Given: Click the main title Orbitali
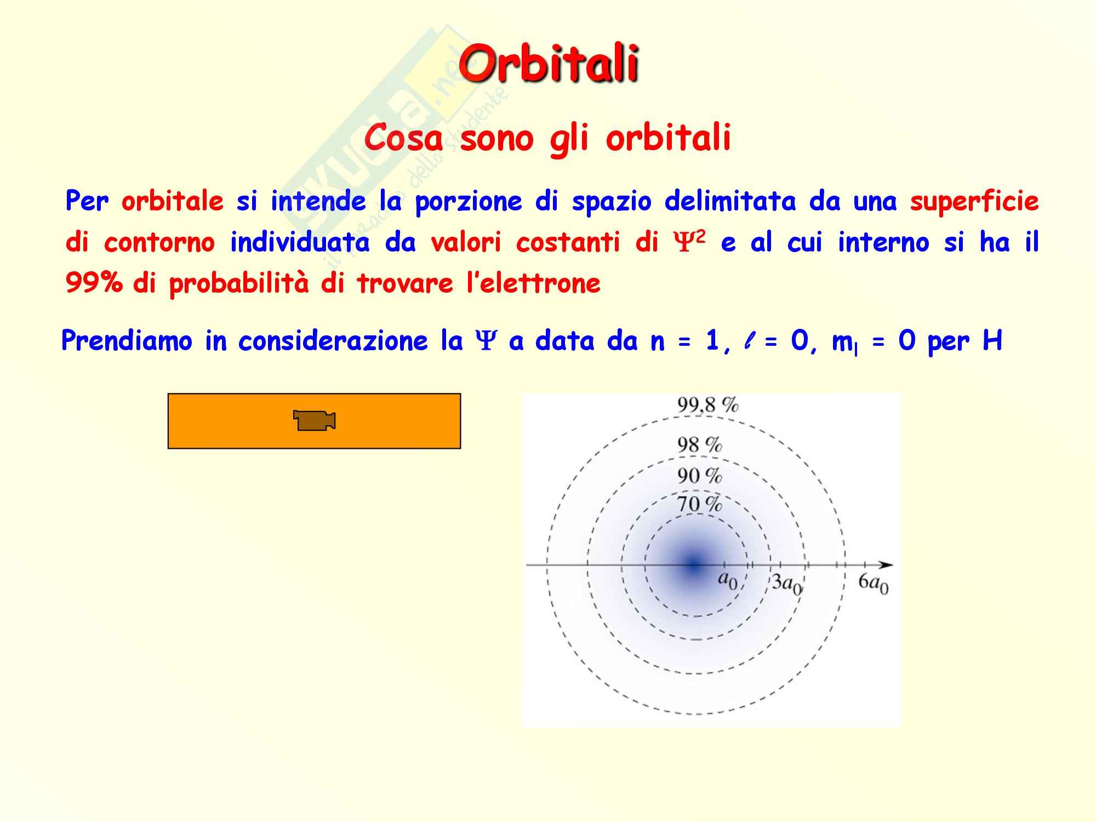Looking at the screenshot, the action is click(x=549, y=64).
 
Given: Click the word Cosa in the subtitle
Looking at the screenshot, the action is click(x=403, y=138).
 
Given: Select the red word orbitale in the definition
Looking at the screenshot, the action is click(x=173, y=201).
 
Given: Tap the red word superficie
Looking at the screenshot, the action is click(x=974, y=202).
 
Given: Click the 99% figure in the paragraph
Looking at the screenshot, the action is click(x=94, y=283).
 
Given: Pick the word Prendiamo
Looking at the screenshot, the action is click(x=127, y=340).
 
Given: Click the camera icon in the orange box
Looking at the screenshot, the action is click(x=315, y=420).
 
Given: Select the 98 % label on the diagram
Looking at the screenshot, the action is click(x=700, y=444).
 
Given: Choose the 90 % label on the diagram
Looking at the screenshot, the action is click(x=700, y=475).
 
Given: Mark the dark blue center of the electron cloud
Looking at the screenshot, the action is click(x=695, y=564).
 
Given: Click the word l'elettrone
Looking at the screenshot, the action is click(x=533, y=283).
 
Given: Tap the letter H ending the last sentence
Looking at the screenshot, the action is click(x=992, y=340).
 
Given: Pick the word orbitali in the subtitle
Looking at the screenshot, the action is click(x=668, y=138).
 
